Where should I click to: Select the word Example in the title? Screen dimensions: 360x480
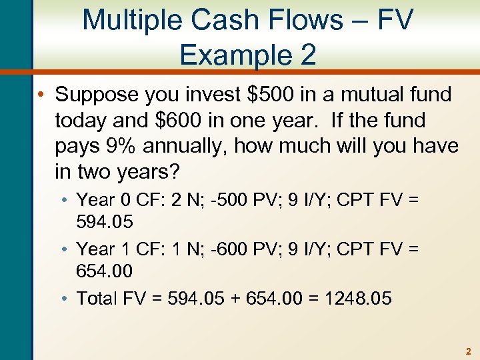pyautogui.click(x=231, y=54)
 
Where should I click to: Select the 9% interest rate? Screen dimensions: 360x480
pyautogui.click(x=118, y=147)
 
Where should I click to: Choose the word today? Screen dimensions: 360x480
pyautogui.click(x=85, y=121)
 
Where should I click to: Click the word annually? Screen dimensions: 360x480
pyautogui.click(x=196, y=147)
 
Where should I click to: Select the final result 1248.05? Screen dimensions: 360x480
pyautogui.click(x=358, y=298)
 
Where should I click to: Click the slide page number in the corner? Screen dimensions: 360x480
pyautogui.click(x=468, y=351)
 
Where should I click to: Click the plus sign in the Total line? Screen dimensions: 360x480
pyautogui.click(x=252, y=298)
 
